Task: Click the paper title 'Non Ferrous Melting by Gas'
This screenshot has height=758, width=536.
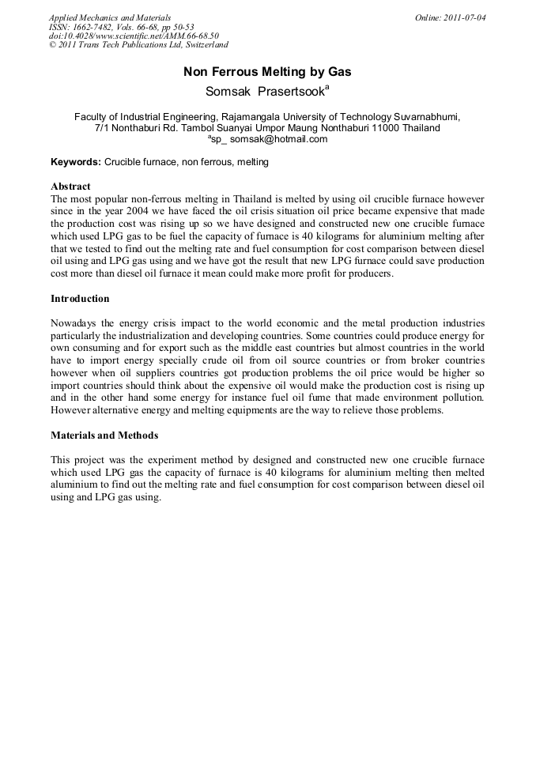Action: pyautogui.click(x=267, y=72)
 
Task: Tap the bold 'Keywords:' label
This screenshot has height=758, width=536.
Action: pyautogui.click(x=76, y=162)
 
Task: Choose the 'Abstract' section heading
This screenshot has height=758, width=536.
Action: pyautogui.click(x=70, y=187)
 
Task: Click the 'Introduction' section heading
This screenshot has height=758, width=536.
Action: pyautogui.click(x=80, y=299)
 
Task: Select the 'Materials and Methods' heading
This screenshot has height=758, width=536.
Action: pyautogui.click(x=104, y=435)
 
